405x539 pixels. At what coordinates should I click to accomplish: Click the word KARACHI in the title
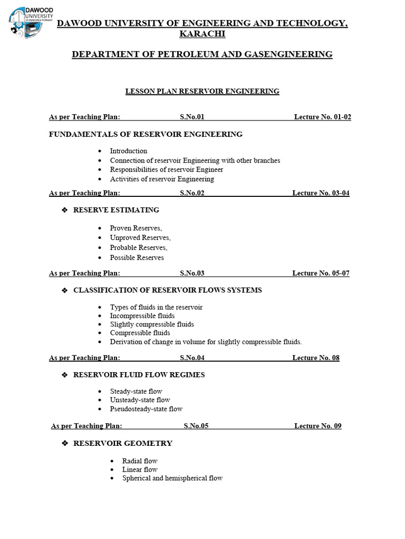202,34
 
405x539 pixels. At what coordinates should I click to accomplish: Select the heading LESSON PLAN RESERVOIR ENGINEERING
202,92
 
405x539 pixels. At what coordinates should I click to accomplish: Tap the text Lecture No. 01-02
322,117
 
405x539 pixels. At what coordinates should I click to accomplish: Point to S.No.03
192,273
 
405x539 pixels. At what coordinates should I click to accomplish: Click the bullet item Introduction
129,151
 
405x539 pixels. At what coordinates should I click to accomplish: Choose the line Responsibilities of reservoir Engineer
167,169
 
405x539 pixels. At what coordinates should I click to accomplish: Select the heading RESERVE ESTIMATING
116,210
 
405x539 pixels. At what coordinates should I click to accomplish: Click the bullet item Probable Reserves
139,247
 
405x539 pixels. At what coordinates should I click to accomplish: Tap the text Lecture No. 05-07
321,273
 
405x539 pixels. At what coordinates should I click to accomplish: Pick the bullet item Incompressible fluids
142,316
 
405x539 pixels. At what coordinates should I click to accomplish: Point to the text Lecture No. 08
316,358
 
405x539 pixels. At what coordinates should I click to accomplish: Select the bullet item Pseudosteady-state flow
147,409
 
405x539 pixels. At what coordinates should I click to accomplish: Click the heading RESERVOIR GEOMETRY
123,443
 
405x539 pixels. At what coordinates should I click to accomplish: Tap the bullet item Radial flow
140,461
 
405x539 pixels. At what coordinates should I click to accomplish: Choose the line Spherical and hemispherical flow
172,478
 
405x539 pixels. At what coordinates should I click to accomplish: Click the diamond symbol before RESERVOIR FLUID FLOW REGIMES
65,375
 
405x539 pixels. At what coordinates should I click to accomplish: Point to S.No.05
196,426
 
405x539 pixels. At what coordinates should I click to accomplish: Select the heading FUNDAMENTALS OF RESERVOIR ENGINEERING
146,134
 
